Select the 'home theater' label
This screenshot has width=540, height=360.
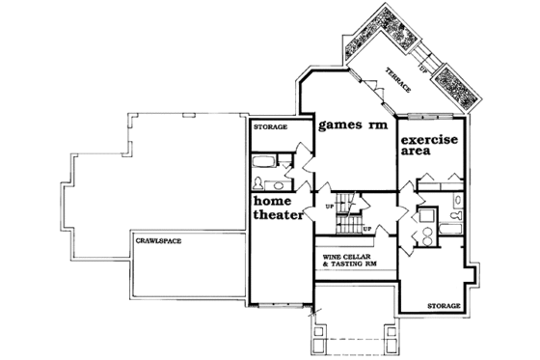(x=279, y=209)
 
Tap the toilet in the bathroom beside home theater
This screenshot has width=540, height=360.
(x=257, y=181)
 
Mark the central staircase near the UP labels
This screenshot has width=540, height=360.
(x=346, y=218)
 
